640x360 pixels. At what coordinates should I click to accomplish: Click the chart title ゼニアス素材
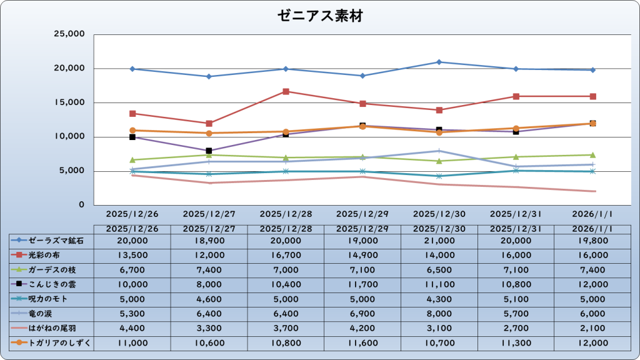point(320,16)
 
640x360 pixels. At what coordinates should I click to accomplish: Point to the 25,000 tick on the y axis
point(69,35)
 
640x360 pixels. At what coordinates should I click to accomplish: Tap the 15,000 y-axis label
point(69,102)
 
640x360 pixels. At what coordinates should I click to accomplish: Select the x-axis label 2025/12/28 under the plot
point(286,214)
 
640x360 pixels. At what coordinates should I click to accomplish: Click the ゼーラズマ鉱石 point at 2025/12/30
point(439,62)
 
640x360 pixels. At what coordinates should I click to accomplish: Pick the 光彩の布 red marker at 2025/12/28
point(286,91)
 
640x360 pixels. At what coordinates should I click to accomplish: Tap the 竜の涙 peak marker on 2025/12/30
point(439,151)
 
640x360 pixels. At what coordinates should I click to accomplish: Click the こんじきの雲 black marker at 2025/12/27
point(209,151)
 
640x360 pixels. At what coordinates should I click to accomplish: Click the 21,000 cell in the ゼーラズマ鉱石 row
point(439,241)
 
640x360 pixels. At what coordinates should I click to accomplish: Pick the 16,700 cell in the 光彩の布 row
point(286,255)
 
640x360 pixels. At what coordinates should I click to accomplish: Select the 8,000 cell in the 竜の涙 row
point(439,313)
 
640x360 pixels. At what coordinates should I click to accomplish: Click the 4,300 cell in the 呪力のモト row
point(439,299)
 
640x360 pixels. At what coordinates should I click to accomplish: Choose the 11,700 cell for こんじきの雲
point(362,284)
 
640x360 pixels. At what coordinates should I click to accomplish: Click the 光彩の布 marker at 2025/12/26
point(132,114)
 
